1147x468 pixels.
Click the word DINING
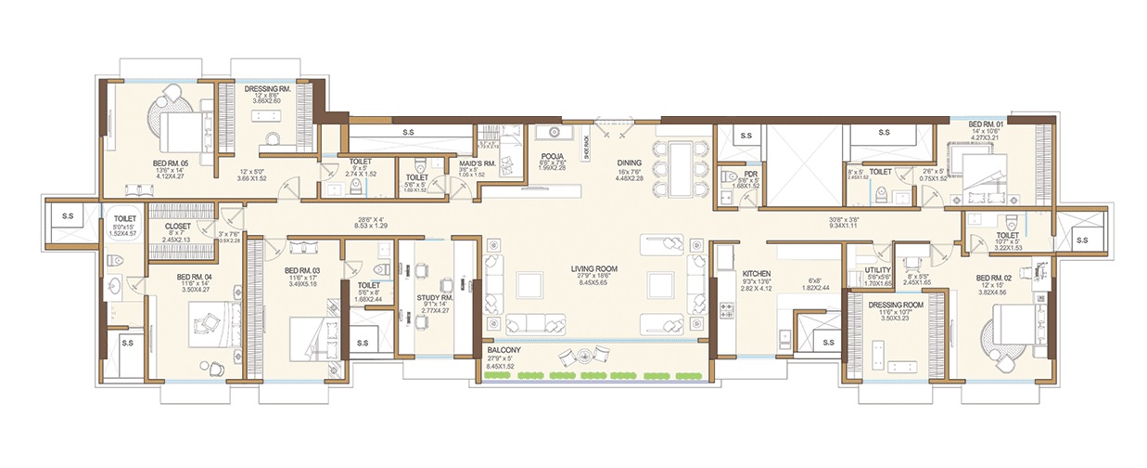pyautogui.click(x=631, y=162)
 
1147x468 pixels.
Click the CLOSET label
pyautogui.click(x=177, y=225)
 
